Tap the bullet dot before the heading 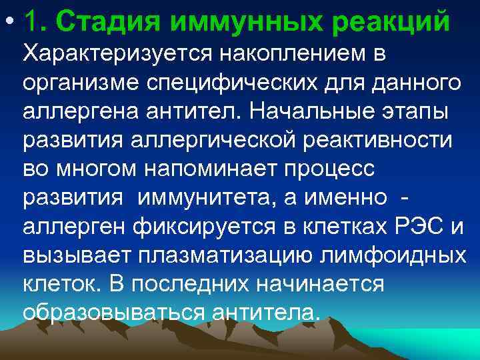(x=9, y=22)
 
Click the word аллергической (x=217, y=141)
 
